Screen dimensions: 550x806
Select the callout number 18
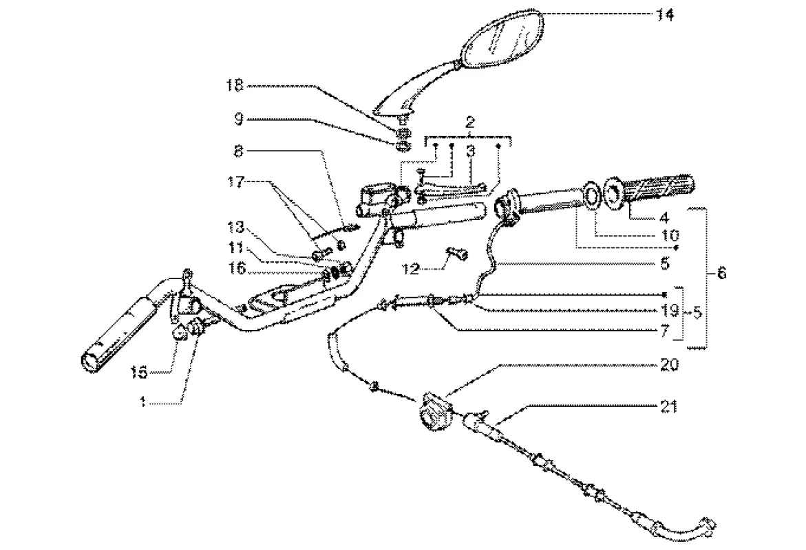pos(235,85)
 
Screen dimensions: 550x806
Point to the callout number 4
pos(664,218)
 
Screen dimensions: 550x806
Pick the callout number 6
pos(721,273)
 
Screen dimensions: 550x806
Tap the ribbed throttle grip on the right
pos(660,186)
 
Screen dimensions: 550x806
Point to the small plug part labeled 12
pos(456,255)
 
